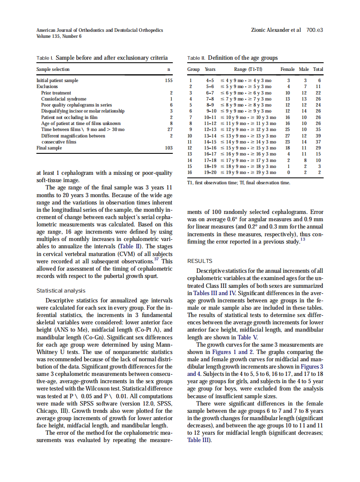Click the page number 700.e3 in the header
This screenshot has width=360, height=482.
[314, 31]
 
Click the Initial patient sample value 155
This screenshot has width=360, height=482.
[168, 80]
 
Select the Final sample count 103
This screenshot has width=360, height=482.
[168, 148]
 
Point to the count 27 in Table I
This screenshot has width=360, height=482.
[170, 129]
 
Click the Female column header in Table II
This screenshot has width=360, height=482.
[287, 69]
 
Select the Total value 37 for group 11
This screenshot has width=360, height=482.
[318, 142]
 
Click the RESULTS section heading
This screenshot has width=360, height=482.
[200, 261]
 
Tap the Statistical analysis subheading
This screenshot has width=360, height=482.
[61, 291]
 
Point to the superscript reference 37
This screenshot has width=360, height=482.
[156, 259]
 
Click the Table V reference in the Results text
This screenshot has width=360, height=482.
[249, 337]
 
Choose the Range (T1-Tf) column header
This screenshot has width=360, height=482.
[248, 69]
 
